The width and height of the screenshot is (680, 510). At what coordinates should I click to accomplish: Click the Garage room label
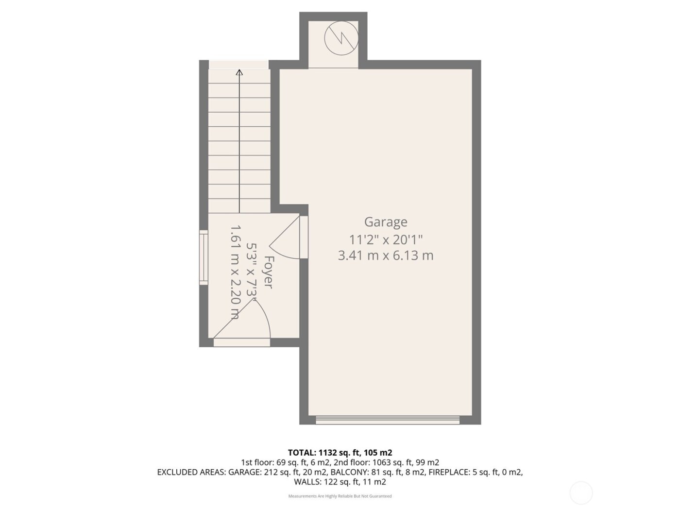click(386, 222)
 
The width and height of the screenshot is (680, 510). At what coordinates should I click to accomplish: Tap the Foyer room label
click(269, 272)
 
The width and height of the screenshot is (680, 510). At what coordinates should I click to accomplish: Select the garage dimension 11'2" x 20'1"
click(386, 239)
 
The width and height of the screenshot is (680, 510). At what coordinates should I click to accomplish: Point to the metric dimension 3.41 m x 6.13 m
click(386, 255)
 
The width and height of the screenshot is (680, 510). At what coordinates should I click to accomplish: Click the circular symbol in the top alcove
click(341, 37)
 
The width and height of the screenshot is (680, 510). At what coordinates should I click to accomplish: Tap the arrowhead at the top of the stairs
click(239, 72)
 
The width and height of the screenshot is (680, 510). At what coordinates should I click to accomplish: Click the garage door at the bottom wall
click(387, 420)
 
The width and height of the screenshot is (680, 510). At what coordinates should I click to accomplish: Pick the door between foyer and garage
click(304, 237)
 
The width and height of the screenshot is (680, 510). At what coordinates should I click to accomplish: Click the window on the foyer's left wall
click(203, 257)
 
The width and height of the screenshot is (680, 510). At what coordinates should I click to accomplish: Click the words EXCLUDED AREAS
click(191, 472)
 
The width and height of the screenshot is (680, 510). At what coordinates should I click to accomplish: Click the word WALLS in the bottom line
click(306, 482)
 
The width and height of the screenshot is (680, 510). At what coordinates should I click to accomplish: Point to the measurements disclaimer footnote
click(340, 496)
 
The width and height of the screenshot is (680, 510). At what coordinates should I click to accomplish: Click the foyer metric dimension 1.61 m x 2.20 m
click(234, 272)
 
